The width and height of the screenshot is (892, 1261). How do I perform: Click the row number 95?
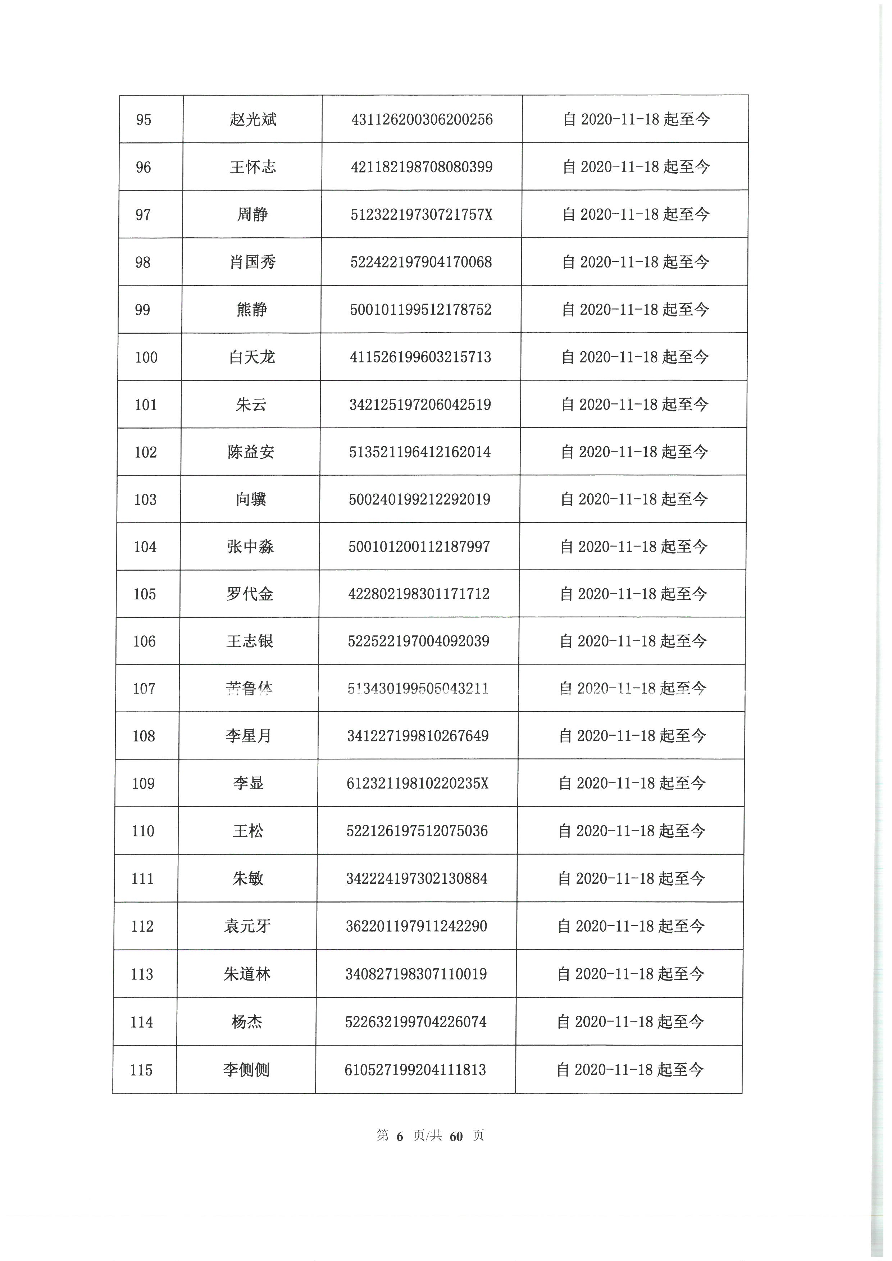coord(144,120)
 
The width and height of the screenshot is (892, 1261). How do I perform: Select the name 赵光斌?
coord(253,120)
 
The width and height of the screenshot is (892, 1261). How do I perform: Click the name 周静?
coord(252,214)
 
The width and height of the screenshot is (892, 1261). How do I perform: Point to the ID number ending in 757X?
coord(421,214)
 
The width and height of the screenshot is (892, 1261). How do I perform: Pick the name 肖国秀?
coord(252,262)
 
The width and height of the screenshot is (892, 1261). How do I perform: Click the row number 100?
coord(146,357)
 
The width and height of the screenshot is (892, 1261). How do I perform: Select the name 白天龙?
coord(251,357)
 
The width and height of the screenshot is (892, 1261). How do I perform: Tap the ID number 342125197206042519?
coord(420,405)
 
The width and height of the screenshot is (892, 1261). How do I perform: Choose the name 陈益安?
coord(251,452)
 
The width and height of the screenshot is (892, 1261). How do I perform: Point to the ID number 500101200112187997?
coord(419,547)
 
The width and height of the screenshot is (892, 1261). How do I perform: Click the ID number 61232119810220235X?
coord(418,783)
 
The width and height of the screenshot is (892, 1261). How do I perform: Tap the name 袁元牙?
coord(248,926)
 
